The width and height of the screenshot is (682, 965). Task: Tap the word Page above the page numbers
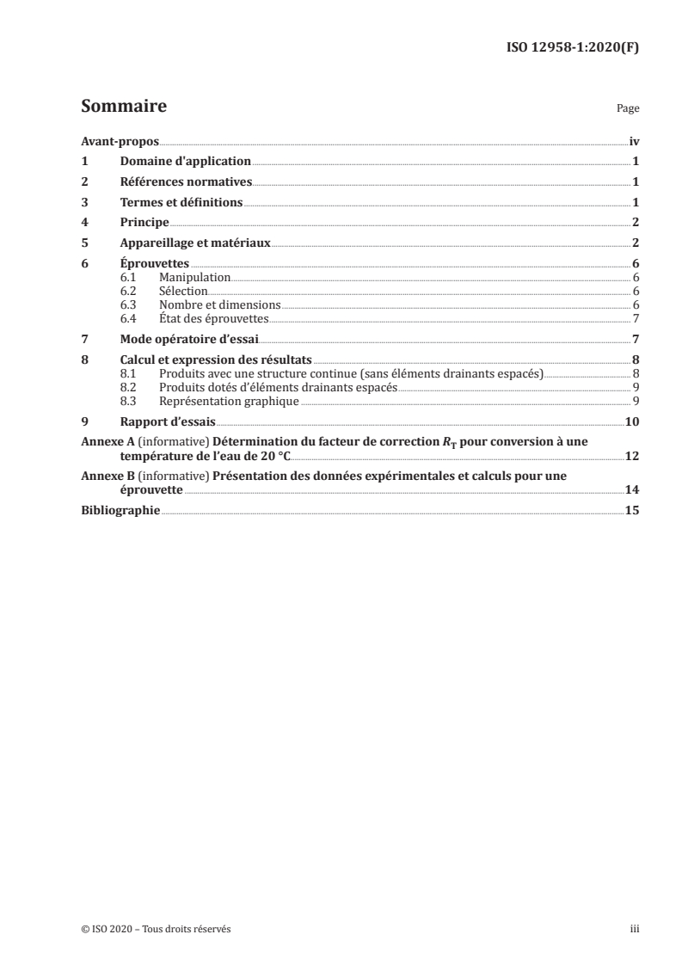[628, 110]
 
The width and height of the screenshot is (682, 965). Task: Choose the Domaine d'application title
[185, 161]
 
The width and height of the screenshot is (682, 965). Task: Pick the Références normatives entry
[186, 181]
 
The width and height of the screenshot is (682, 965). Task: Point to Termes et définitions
[181, 203]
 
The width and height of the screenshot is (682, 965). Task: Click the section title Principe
[144, 223]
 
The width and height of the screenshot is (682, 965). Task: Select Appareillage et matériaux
[195, 243]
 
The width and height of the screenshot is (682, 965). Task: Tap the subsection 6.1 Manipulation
[194, 279]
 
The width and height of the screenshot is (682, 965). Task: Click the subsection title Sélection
[183, 292]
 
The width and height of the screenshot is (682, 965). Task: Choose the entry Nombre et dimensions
[219, 304]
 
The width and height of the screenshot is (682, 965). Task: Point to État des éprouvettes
[214, 317]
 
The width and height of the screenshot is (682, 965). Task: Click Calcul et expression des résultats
[216, 360]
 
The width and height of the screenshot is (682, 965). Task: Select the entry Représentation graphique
[229, 401]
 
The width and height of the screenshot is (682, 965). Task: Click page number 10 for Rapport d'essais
[631, 421]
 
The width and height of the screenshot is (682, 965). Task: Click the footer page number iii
[634, 929]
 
